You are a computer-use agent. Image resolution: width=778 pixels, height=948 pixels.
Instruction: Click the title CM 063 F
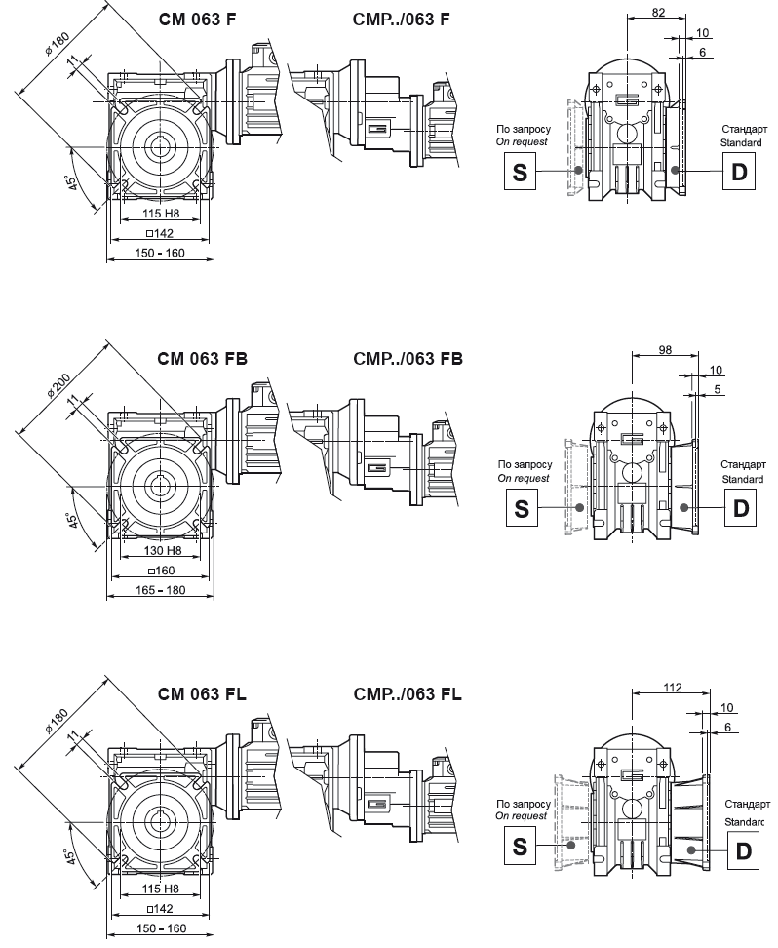tap(196, 20)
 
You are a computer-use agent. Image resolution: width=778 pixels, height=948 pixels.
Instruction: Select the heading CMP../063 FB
tap(408, 358)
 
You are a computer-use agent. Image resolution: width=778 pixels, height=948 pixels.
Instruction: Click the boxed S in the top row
tap(520, 173)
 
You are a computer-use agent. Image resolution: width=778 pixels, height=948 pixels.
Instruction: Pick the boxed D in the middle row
tap(740, 507)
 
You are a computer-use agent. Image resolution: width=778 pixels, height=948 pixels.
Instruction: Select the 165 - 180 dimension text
tap(160, 590)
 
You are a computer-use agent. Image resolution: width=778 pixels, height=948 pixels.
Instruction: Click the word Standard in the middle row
tap(742, 479)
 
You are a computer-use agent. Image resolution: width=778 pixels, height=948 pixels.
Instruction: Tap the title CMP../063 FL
tap(408, 694)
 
